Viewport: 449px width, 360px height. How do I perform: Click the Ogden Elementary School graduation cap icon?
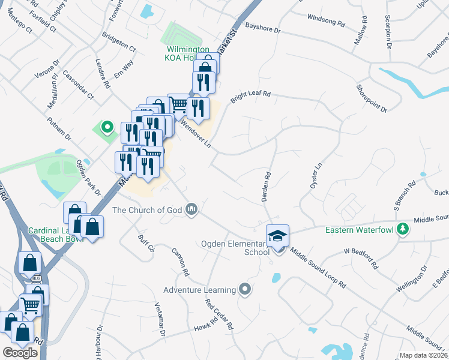point(277,235)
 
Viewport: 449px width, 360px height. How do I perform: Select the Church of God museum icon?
point(192,209)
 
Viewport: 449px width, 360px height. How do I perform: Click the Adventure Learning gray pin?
point(244,290)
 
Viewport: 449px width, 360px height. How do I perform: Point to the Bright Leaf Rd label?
point(251,94)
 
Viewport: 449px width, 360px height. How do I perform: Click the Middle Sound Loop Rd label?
point(318,267)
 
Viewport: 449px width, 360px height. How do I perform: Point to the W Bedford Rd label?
point(360,258)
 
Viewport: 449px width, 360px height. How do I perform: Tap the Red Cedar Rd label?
point(218,315)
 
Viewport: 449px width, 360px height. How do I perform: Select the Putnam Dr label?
point(60,129)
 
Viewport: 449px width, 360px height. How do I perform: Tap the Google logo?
point(20,352)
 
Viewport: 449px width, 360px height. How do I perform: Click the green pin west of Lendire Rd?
point(107,127)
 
